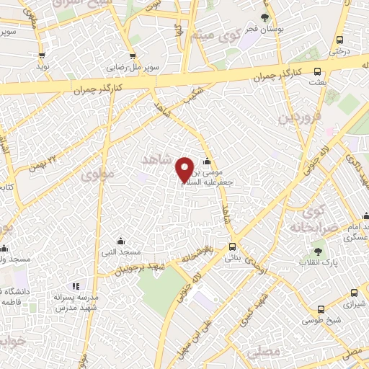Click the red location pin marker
(x=184, y=168)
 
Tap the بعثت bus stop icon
(x=318, y=71)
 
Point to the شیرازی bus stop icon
(x=353, y=293)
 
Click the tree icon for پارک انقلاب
(x=318, y=251)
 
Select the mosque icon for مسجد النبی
(x=121, y=241)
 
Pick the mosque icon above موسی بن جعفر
(x=208, y=161)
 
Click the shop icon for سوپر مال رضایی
(x=132, y=55)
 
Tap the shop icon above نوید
(x=43, y=55)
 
